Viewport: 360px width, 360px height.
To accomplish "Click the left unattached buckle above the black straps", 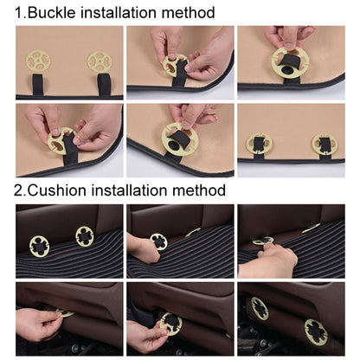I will [39, 61].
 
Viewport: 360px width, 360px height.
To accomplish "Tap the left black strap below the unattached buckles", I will [40, 85].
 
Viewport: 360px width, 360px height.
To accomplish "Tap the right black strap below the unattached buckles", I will [103, 84].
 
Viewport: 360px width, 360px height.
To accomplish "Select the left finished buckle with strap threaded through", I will [257, 144].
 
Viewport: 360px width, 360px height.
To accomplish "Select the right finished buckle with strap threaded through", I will [324, 144].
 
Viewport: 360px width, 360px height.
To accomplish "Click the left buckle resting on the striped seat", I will [40, 246].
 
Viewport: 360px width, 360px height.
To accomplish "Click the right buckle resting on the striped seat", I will [84, 236].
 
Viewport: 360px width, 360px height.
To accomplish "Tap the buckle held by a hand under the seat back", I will [170, 324].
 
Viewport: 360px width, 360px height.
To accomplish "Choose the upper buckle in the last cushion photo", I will [260, 308].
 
